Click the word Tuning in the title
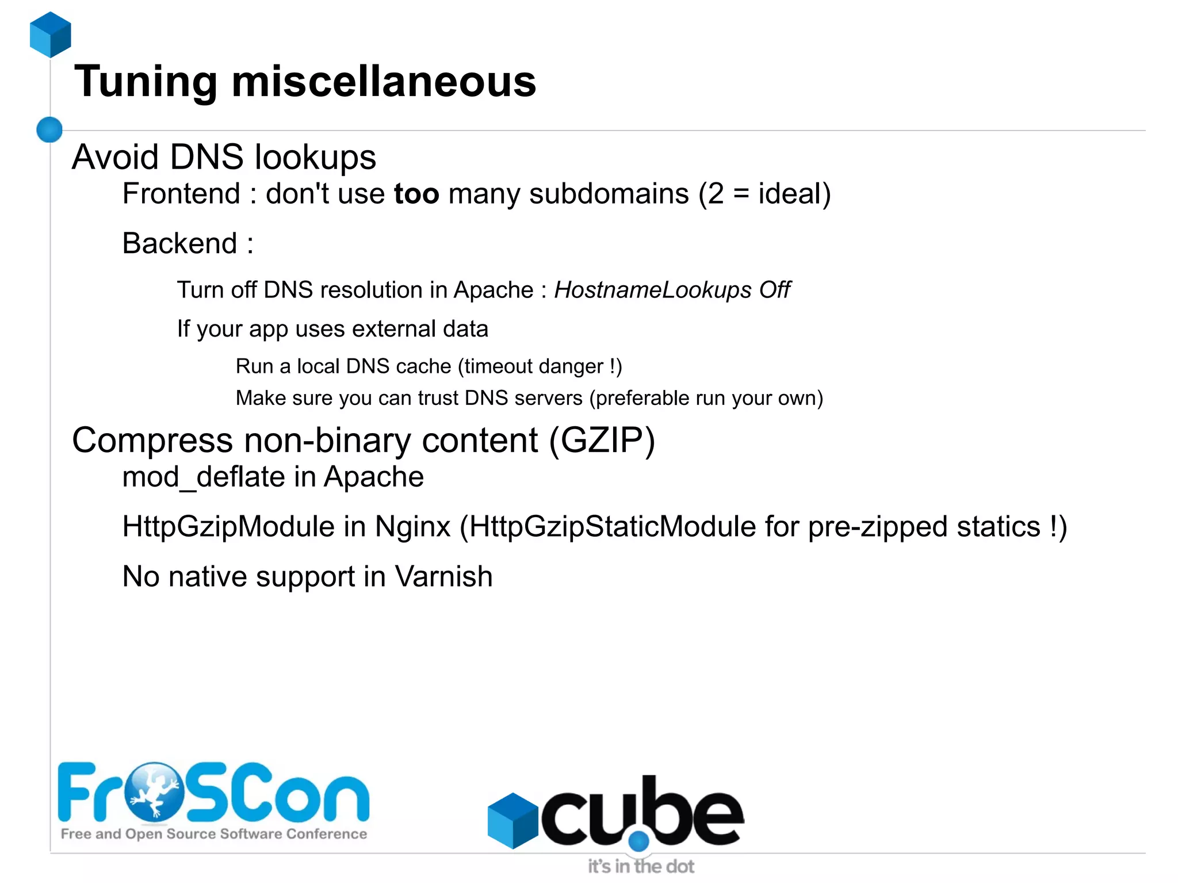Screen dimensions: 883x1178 146,82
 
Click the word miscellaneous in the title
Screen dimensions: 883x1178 384,82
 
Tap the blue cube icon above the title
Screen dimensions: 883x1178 51,35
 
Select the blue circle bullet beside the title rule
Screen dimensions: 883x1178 49,129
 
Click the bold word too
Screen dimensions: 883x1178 416,194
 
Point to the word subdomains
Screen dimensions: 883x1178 609,194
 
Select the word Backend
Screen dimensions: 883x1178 180,243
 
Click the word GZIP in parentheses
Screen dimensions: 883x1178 602,441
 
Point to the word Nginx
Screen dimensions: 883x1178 412,527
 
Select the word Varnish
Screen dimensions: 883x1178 443,576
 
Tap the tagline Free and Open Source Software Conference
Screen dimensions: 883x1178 214,834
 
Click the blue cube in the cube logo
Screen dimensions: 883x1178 512,820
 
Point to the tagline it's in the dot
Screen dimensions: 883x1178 641,866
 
